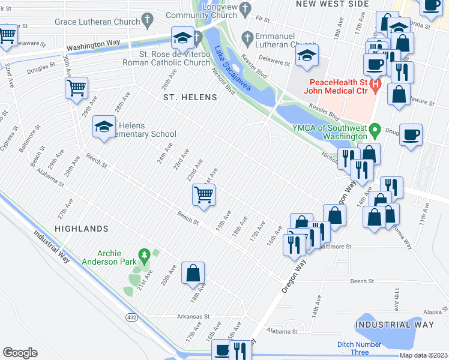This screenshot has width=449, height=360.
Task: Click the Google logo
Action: pyautogui.click(x=20, y=352)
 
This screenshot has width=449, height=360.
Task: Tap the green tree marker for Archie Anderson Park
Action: pyautogui.click(x=143, y=257)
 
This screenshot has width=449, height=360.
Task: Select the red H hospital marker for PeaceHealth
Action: pyautogui.click(x=376, y=86)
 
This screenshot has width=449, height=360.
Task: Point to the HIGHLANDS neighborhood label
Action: pyautogui.click(x=81, y=229)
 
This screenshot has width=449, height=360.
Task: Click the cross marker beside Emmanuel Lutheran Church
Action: pyautogui.click(x=246, y=37)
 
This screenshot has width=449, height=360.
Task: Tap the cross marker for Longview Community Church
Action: pyautogui.click(x=244, y=8)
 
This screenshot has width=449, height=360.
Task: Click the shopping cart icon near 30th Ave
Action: pyautogui.click(x=77, y=88)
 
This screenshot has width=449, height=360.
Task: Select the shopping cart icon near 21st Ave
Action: pyautogui.click(x=204, y=195)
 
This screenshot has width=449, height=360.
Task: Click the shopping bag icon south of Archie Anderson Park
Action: pyautogui.click(x=193, y=274)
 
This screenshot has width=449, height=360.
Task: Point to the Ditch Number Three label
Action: pyautogui.click(x=359, y=348)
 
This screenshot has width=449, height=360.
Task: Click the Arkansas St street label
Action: pyautogui.click(x=193, y=316)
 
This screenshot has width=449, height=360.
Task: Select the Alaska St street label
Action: pyautogui.click(x=432, y=311)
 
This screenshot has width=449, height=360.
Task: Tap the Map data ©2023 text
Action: pyautogui.click(x=424, y=356)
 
